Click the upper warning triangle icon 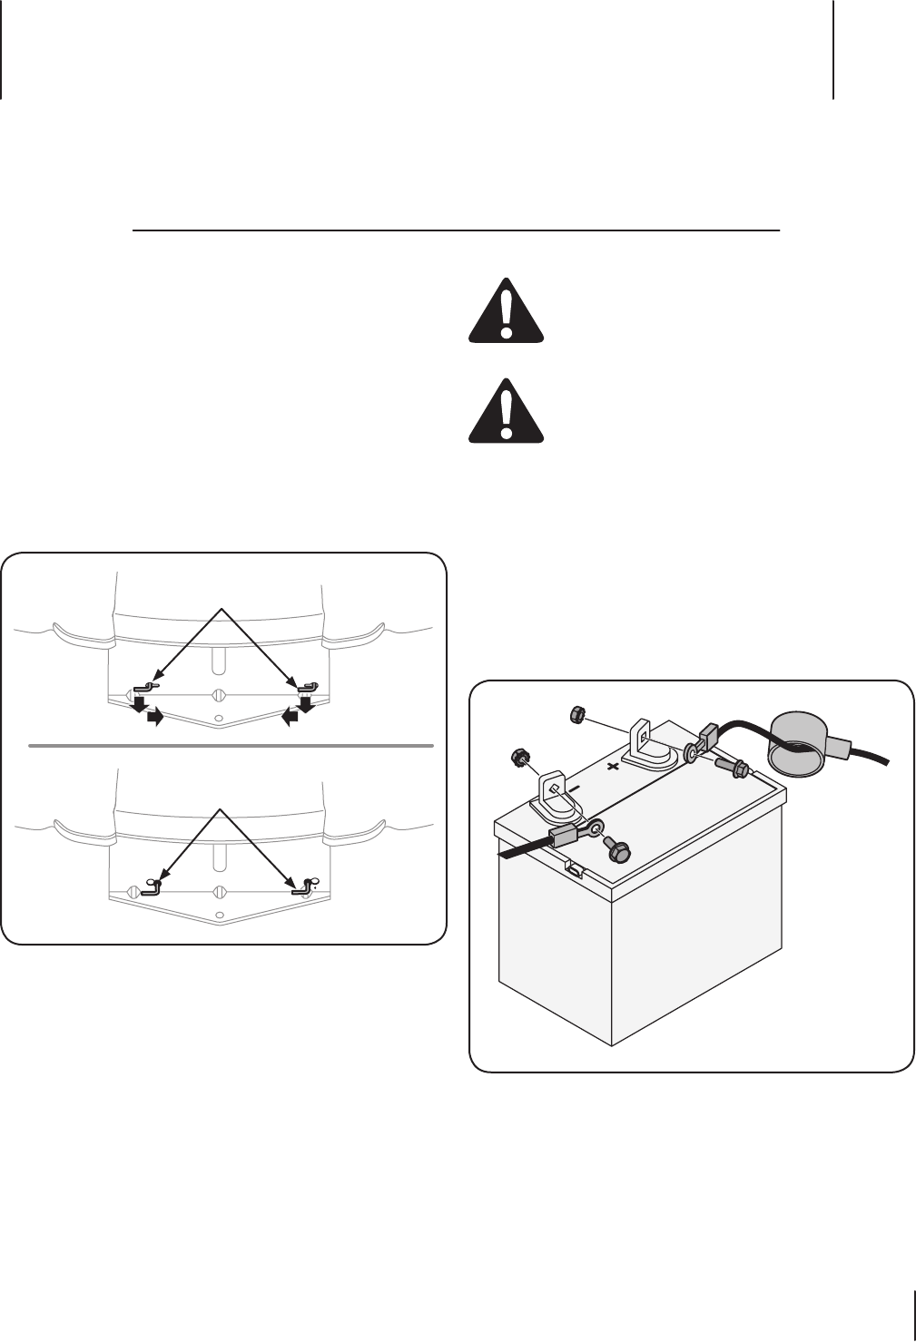pyautogui.click(x=506, y=314)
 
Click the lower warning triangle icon pyautogui.click(x=506, y=413)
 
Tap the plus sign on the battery pyautogui.click(x=613, y=766)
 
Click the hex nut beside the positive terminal pyautogui.click(x=575, y=716)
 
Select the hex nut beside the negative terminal pyautogui.click(x=520, y=756)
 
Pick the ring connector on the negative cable pyautogui.click(x=595, y=828)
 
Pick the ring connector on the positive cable pyautogui.click(x=693, y=752)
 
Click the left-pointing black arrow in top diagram pyautogui.click(x=289, y=718)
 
